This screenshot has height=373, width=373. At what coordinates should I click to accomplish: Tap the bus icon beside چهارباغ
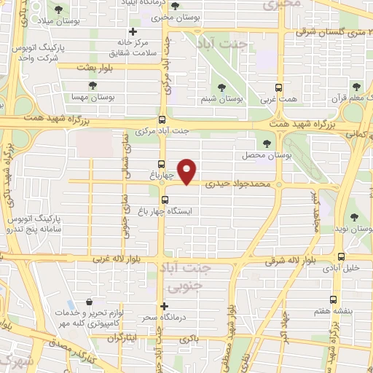161,164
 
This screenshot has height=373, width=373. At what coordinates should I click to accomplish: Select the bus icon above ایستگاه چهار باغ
165,199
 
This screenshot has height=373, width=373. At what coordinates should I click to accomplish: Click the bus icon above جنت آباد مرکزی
162,120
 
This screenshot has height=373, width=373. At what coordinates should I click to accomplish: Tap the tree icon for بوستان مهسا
93,85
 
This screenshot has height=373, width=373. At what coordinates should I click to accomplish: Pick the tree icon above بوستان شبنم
231,85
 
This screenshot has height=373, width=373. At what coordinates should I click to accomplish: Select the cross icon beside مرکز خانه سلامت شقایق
132,31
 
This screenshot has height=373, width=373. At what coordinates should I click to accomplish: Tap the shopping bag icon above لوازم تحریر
89,302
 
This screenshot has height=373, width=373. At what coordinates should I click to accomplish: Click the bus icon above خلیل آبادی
341,256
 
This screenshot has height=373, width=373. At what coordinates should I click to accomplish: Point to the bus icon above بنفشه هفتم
334,299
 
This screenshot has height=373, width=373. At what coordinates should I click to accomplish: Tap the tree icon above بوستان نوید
355,216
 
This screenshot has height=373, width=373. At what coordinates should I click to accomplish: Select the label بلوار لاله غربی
119,259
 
